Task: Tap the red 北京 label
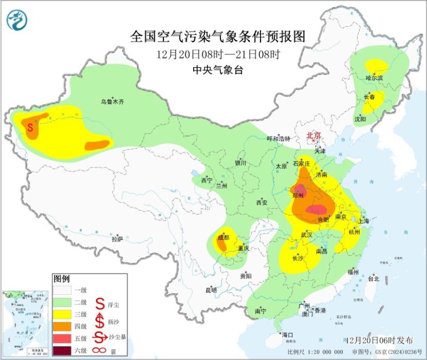click(x=313, y=136)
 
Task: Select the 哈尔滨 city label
click(x=374, y=78)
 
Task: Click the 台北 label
click(x=373, y=278)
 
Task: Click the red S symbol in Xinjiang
click(x=30, y=127)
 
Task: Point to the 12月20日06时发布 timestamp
click(x=381, y=340)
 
